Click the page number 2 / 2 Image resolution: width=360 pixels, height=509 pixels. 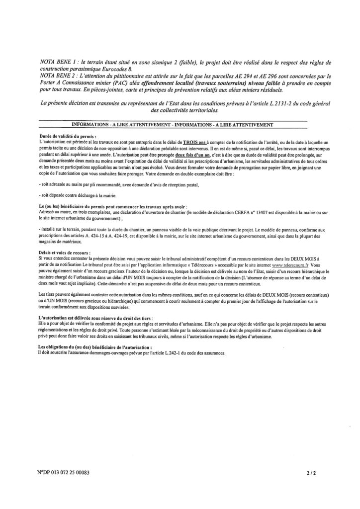[312, 474]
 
